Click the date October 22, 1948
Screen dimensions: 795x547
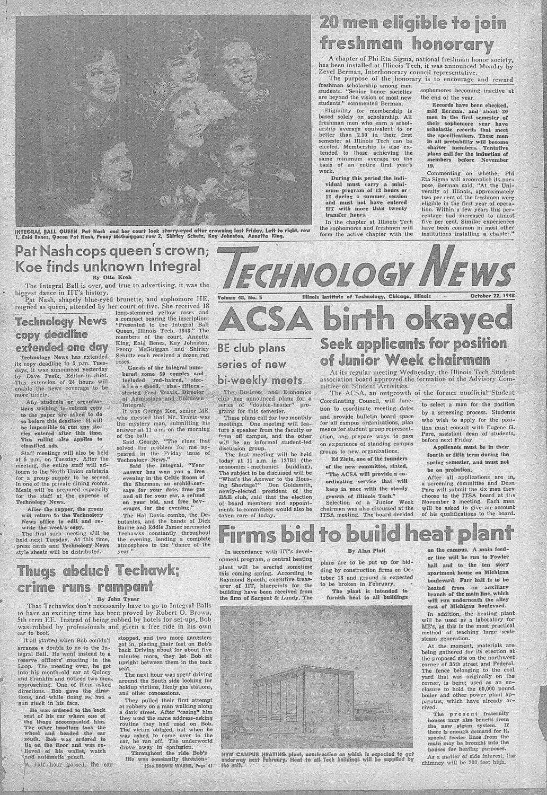pyautogui.click(x=492, y=296)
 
